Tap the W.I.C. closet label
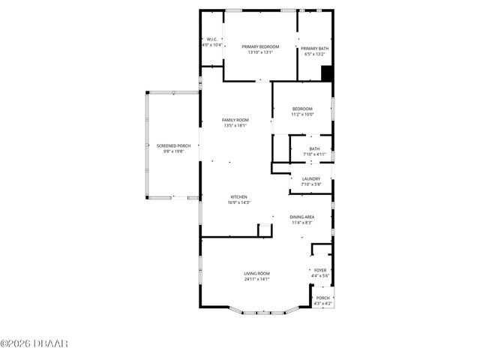[x=212, y=40]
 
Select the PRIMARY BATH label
[x=314, y=49]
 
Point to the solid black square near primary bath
[x=326, y=73]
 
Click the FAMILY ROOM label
[x=235, y=120]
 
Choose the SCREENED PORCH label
[x=173, y=145]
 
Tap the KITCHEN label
[x=239, y=197]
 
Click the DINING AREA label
[x=303, y=217]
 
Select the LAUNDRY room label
[x=310, y=178]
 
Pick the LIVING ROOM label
[x=256, y=274]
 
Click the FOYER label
[x=320, y=270]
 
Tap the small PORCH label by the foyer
[x=322, y=298]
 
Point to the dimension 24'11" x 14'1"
[x=256, y=279]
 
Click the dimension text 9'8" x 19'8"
[x=173, y=151]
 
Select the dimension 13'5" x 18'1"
[x=235, y=125]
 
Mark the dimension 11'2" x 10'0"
[x=302, y=114]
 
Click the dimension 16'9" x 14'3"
[x=239, y=202]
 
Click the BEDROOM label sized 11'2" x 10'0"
[x=302, y=109]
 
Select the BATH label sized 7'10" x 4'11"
[x=314, y=148]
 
